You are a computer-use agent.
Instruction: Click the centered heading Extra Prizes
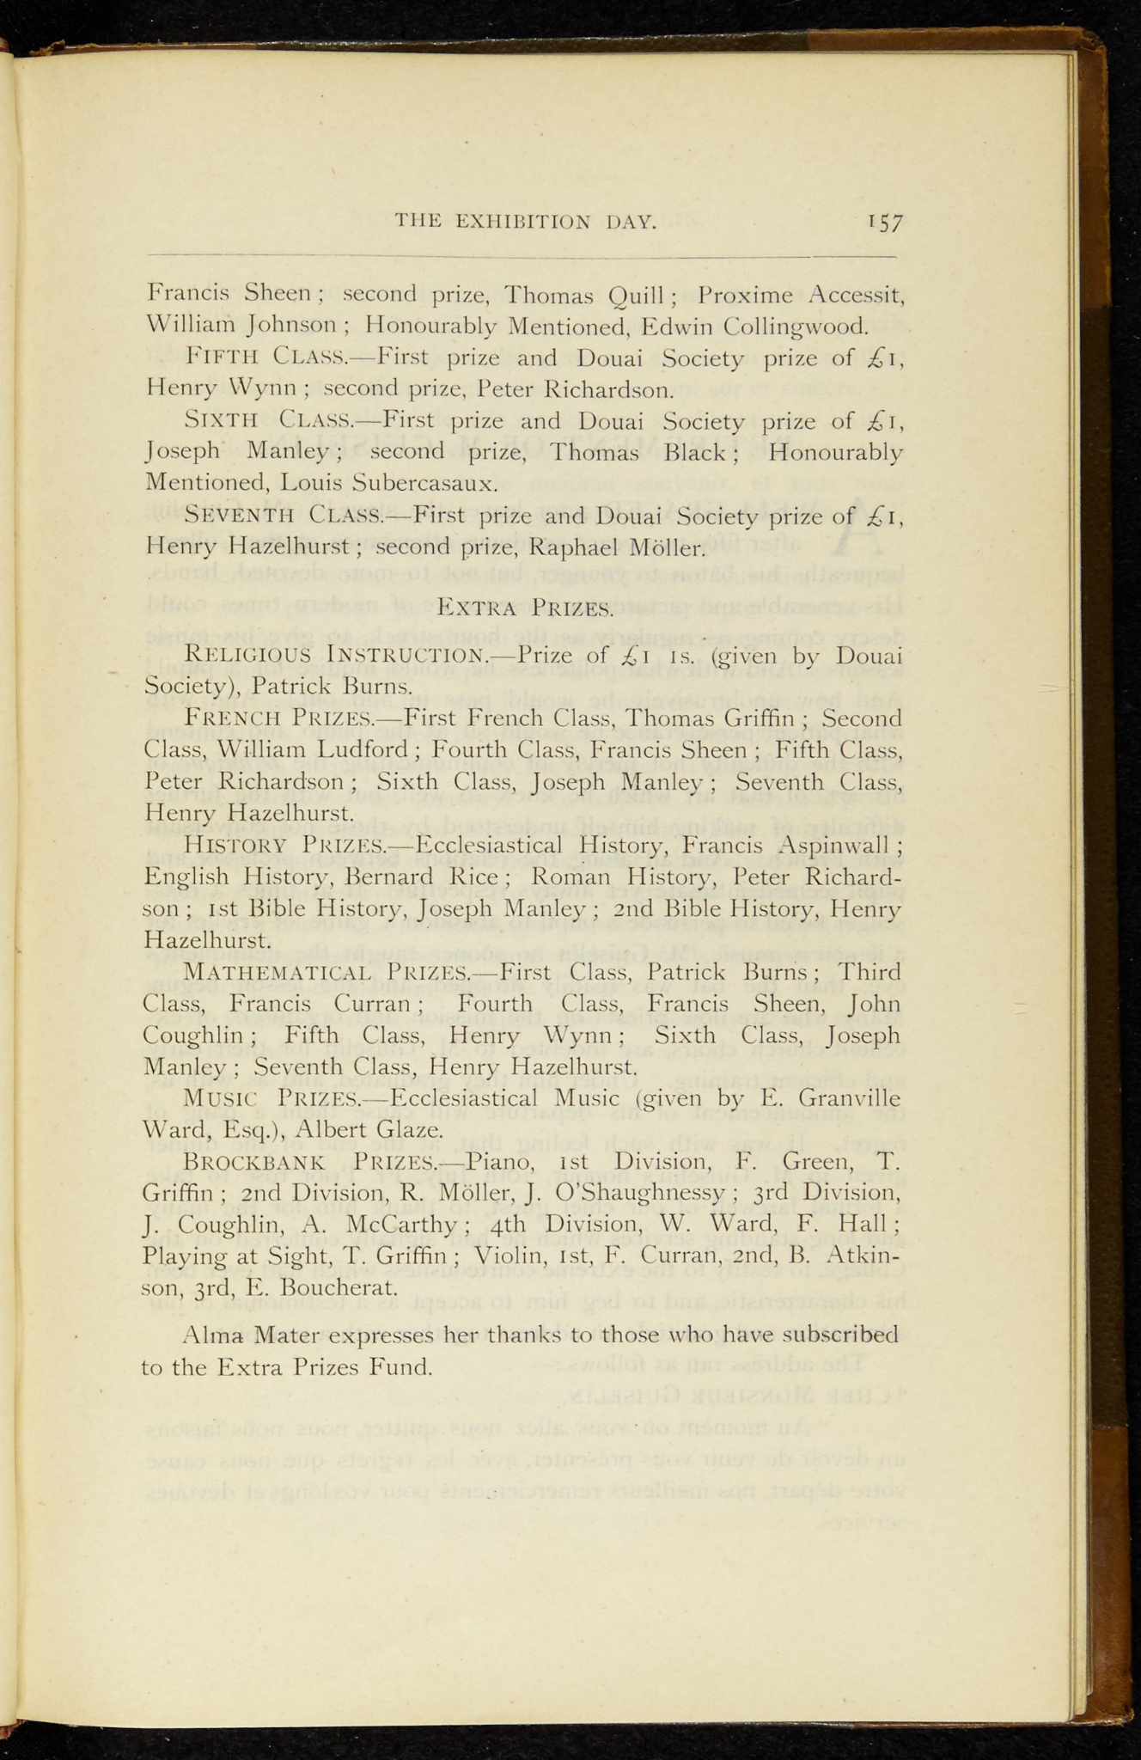[x=525, y=609]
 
